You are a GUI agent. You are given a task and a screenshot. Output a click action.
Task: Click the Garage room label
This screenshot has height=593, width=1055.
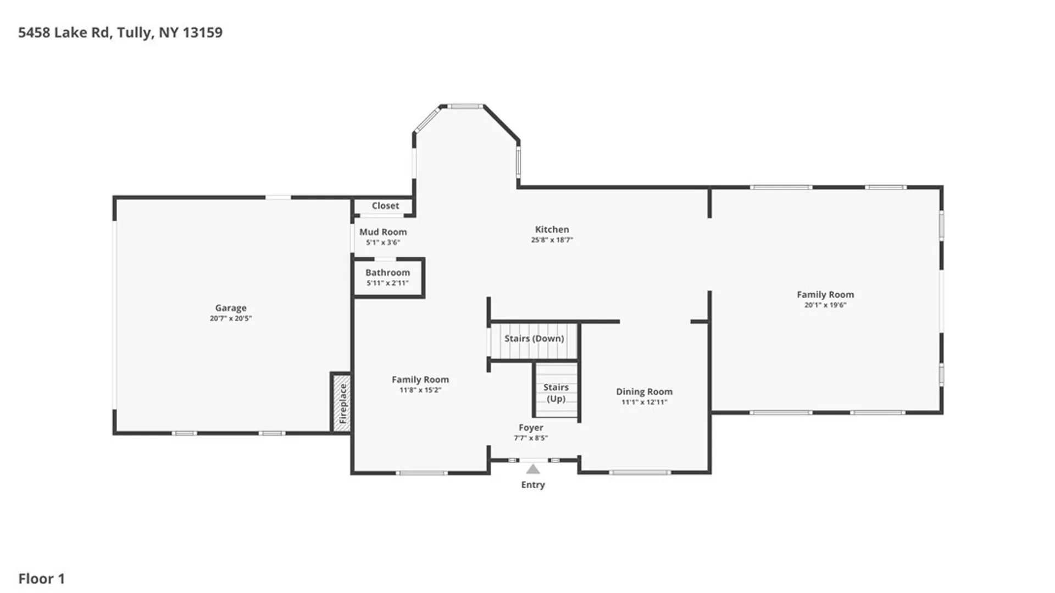pos(231,308)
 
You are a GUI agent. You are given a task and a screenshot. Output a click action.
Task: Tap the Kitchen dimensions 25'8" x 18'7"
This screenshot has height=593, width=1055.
pos(552,240)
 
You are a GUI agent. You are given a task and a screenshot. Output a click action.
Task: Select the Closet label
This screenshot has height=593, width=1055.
pos(385,206)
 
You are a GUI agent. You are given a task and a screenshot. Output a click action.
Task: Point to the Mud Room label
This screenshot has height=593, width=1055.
pos(383,232)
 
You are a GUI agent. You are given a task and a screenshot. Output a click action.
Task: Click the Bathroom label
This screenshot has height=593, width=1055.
pos(387,273)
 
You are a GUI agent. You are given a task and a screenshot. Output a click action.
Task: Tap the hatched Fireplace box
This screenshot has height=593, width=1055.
pos(342,403)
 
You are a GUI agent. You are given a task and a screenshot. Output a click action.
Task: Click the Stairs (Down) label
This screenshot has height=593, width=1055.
pos(534,339)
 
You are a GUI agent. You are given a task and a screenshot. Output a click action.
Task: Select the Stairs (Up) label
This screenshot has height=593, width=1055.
pos(556,393)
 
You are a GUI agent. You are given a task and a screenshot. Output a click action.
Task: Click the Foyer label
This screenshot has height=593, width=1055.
pos(531,428)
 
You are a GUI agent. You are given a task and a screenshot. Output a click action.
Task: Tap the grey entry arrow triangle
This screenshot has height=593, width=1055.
pos(533,469)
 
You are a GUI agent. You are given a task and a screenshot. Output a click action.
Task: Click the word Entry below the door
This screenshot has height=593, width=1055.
pos(533,485)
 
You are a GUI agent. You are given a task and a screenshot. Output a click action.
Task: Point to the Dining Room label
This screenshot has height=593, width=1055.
pos(644,392)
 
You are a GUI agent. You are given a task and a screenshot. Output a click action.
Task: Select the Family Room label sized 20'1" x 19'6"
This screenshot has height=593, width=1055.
pos(825,295)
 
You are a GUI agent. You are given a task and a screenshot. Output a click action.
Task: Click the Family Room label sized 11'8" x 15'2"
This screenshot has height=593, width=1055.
pos(420,380)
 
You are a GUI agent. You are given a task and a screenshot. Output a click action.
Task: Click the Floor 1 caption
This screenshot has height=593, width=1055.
pos(42,579)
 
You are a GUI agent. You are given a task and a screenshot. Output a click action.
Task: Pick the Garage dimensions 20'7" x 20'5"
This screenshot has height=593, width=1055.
pos(231,318)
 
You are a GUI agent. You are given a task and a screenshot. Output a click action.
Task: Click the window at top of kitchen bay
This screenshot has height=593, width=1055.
pos(464,107)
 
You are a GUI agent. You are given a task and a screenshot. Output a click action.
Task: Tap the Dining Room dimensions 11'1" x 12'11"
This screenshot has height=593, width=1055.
pos(644,402)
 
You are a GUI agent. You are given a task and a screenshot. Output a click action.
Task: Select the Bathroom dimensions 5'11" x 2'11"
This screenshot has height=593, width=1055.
pos(387,283)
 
